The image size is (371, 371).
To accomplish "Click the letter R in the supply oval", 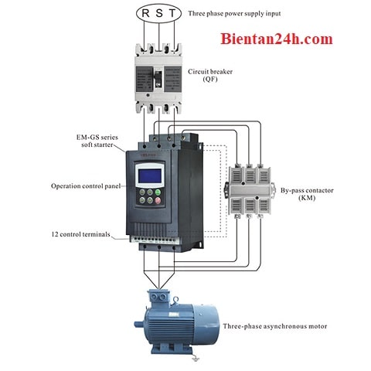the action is tap(145, 13).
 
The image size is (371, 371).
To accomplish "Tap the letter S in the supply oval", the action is tap(159, 13).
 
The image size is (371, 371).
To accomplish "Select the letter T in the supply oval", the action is tap(172, 13).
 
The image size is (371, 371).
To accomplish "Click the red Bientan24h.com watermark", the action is tap(277, 39).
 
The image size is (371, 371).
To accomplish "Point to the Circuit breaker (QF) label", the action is tap(210, 75).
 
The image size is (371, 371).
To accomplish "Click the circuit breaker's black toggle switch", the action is tap(158, 79).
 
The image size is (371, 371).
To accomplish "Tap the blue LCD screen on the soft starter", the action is tap(150, 175).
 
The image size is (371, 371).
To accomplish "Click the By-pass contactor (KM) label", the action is tap(307, 194).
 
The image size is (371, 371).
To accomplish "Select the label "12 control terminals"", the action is tap(80, 234).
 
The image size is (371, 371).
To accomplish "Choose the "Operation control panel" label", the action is tap(86, 186).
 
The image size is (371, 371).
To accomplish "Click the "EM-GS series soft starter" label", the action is tap(97, 141).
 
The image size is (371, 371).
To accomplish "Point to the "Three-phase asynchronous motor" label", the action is tap(275, 326).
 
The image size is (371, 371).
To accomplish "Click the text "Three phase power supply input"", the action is tap(234, 13).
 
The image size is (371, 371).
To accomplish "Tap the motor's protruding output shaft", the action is tap(138, 324).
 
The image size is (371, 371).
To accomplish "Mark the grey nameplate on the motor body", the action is tap(174, 315).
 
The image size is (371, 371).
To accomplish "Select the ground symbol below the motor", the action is tap(196, 358).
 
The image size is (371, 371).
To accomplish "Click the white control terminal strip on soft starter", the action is tap(154, 240).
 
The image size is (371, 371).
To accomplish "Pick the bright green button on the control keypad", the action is tap(158, 192).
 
